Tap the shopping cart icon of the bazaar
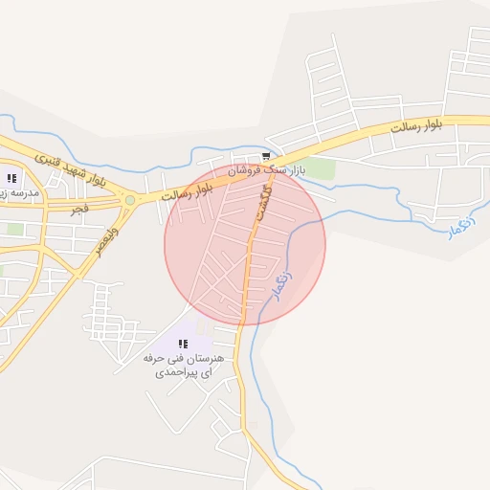pos(266,156)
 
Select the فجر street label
pos(78,207)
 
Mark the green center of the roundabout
pos(129,201)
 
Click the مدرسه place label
pos(19,192)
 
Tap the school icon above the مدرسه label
pos(11,177)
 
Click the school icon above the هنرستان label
pos(183,344)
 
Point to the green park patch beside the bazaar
pos(321,168)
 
